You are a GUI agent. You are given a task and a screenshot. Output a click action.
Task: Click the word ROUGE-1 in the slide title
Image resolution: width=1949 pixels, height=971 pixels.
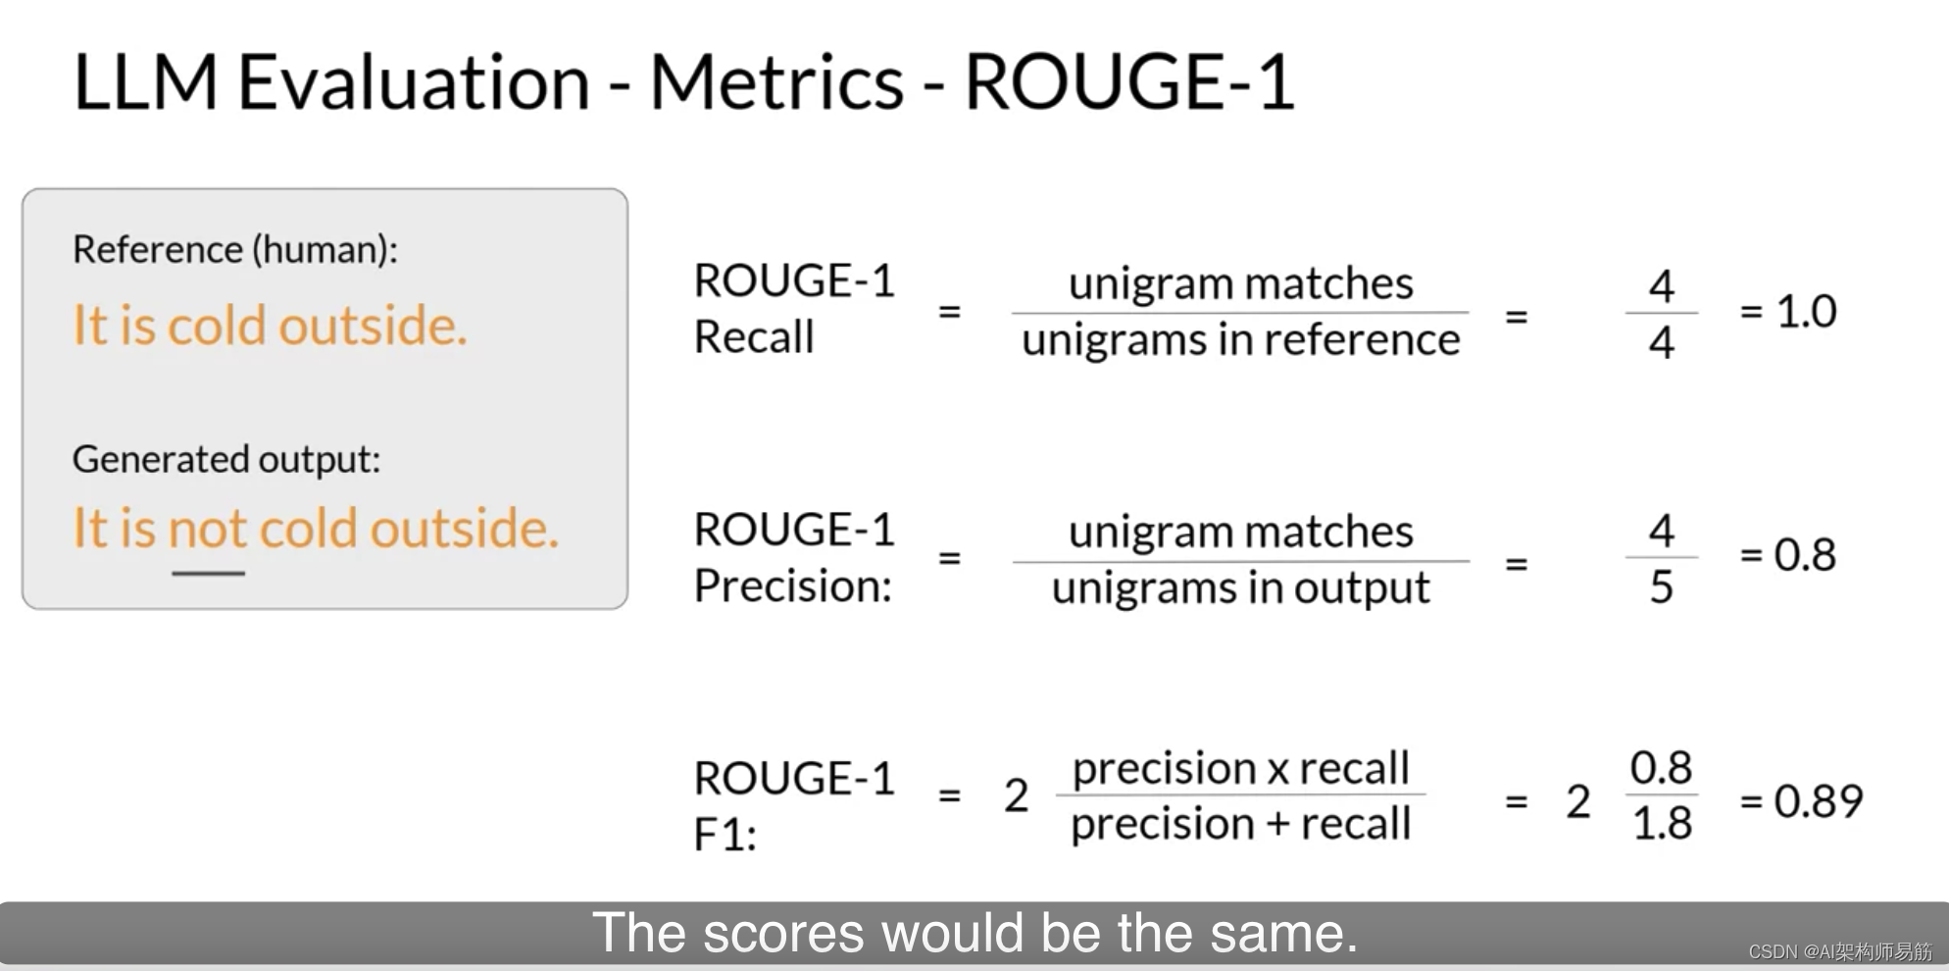click(x=1129, y=82)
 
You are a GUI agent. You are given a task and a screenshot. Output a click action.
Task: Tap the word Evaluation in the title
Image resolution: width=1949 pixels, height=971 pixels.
click(x=413, y=82)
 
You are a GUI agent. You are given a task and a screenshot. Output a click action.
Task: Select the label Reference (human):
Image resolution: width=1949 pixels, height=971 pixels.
click(x=235, y=250)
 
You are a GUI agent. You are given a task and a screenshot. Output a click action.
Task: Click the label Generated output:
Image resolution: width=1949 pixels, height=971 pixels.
click(x=226, y=459)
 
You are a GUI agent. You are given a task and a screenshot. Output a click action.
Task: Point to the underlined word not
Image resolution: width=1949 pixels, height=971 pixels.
click(x=207, y=529)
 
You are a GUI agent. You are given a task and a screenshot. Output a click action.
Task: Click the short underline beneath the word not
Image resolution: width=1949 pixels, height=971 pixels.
click(x=208, y=573)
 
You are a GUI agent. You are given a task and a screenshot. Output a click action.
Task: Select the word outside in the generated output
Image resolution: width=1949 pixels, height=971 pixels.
click(x=463, y=529)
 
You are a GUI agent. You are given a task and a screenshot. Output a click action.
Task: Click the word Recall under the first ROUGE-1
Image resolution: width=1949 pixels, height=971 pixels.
click(x=754, y=337)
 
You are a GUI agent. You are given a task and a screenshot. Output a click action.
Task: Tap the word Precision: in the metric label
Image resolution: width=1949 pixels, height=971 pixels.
click(x=793, y=587)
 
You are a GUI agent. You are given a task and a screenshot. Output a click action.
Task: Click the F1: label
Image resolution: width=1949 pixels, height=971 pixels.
click(x=725, y=836)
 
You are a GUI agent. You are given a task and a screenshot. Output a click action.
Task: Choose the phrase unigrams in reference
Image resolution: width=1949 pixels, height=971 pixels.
click(x=1240, y=340)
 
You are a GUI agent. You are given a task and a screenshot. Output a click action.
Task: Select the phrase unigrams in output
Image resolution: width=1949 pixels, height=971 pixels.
click(x=1240, y=588)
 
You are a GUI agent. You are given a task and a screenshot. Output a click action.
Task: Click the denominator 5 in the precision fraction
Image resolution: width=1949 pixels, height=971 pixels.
click(x=1661, y=588)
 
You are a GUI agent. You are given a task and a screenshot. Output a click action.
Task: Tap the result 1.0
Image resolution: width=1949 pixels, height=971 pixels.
click(x=1805, y=312)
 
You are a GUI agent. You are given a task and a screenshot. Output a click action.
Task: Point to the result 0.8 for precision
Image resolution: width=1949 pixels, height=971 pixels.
click(x=1805, y=555)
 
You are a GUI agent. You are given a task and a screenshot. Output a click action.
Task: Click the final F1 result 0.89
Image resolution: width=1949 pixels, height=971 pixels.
click(x=1817, y=801)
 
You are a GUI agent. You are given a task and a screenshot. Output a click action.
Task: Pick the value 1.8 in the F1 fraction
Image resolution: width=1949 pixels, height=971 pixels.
click(x=1662, y=824)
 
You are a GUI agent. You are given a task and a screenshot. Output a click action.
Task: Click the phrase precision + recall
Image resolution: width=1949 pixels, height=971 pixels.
click(x=1240, y=824)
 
